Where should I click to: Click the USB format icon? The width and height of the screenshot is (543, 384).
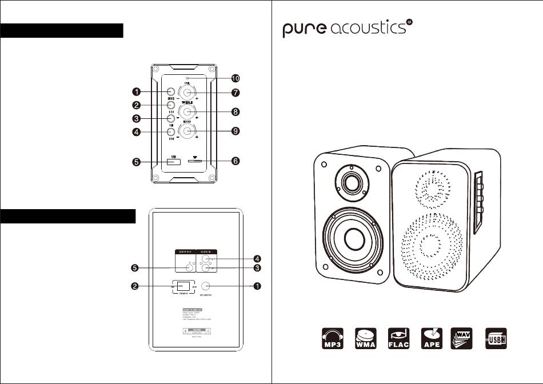pyautogui.click(x=497, y=339)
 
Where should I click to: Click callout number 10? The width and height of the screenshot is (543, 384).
pyautogui.click(x=235, y=78)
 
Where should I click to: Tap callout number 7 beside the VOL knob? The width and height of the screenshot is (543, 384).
pyautogui.click(x=235, y=93)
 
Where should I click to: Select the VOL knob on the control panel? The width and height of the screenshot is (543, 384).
pyautogui.click(x=187, y=92)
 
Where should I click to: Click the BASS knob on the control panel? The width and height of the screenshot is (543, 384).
pyautogui.click(x=187, y=130)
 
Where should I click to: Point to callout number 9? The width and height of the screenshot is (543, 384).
pyautogui.click(x=235, y=131)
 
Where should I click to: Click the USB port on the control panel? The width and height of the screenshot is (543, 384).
pyautogui.click(x=174, y=162)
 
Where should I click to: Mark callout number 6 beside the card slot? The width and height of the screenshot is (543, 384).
pyautogui.click(x=235, y=162)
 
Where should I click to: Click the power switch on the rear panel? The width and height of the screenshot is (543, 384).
pyautogui.click(x=182, y=286)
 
